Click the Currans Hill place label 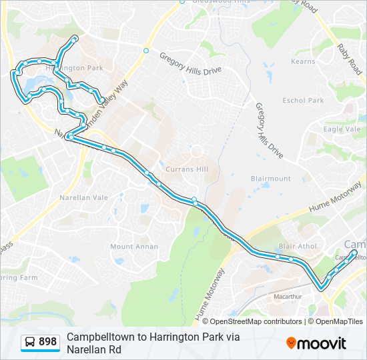coord(187,169)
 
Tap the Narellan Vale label coord(83,197)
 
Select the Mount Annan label coord(134,246)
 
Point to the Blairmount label coord(270,179)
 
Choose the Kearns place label coord(303,61)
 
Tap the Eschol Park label coord(302,101)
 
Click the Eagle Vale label coord(342,129)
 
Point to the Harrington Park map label coord(73,68)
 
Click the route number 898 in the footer coord(47,342)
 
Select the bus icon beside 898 coord(30,342)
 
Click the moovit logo coord(316,343)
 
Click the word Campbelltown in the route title coord(101,337)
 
